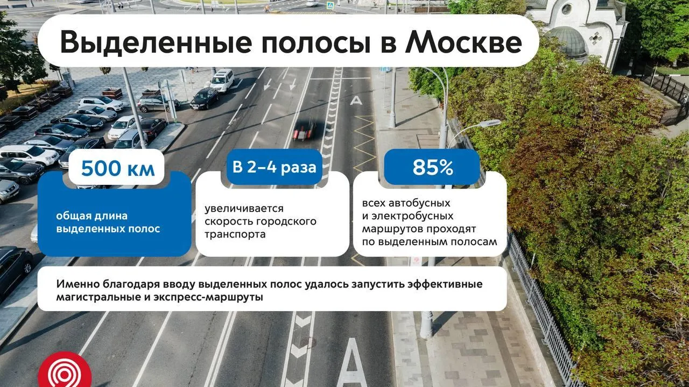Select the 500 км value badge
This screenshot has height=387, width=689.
(x=116, y=168)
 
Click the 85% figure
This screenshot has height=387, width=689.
(x=433, y=168)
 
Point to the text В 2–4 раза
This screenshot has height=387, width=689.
(x=275, y=168)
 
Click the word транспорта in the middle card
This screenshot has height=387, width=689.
(x=235, y=235)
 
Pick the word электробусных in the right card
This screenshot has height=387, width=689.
(x=412, y=216)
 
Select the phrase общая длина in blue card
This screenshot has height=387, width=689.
(x=92, y=216)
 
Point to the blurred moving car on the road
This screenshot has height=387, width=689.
(x=305, y=130)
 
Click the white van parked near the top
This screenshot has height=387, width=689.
(x=222, y=81)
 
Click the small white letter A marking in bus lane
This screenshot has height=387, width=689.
(x=356, y=101)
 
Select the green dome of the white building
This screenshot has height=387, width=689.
(x=567, y=41)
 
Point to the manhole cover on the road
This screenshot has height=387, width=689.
(x=308, y=342)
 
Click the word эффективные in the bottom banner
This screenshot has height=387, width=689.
(x=445, y=284)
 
